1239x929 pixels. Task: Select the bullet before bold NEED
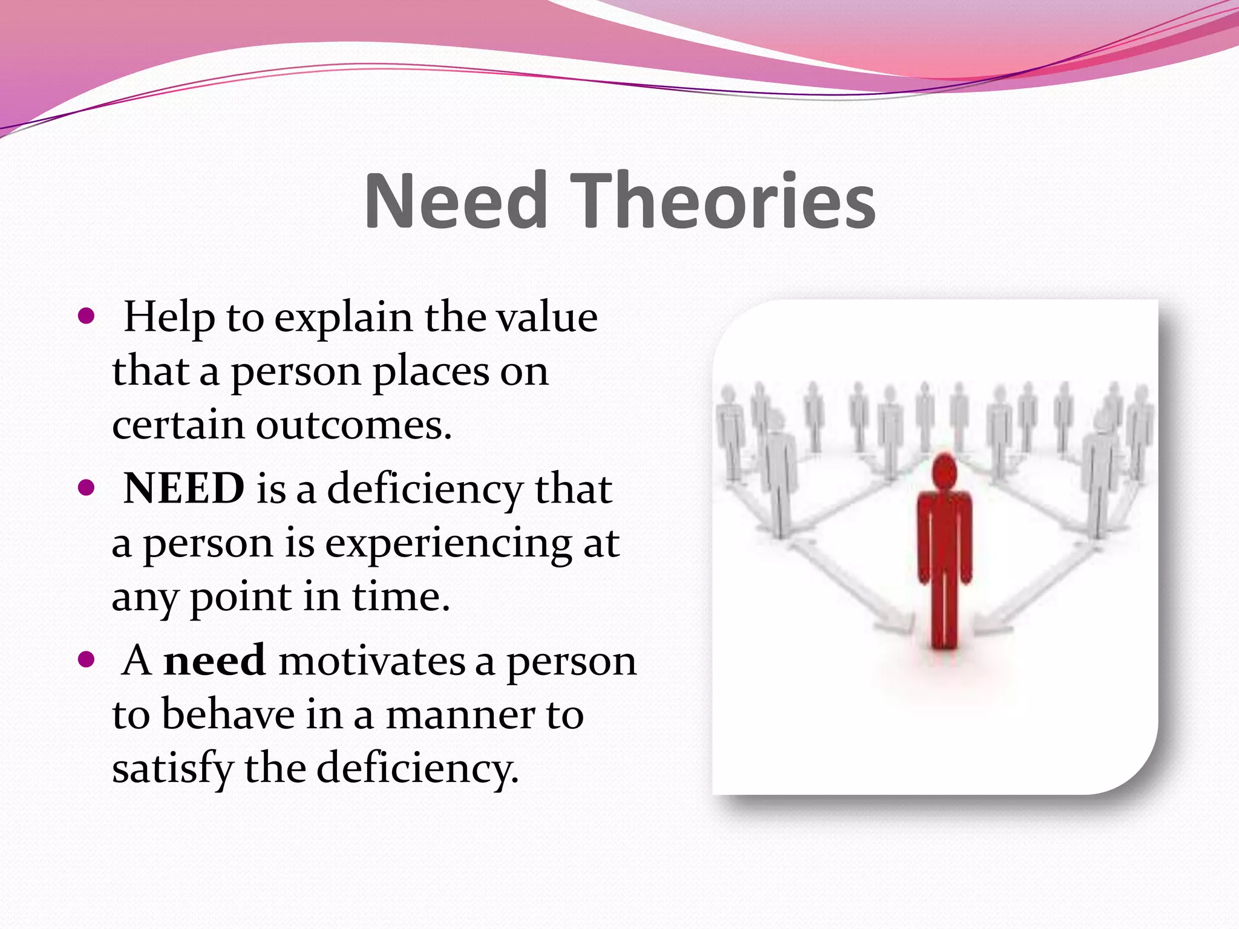[x=87, y=487]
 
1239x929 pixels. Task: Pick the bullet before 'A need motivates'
[x=87, y=659]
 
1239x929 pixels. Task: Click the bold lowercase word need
[x=214, y=660]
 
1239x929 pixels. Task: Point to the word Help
[x=169, y=317]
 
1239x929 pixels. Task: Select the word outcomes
[x=353, y=425]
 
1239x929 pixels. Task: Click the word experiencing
[x=448, y=543]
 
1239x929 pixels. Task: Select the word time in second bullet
[x=400, y=598]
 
